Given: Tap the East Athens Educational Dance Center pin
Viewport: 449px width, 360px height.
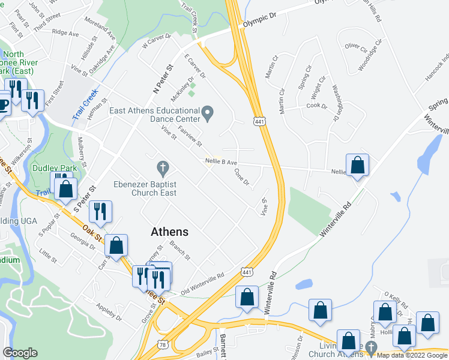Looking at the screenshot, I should point(208,112).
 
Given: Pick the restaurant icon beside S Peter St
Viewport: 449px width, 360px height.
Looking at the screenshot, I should point(100,211).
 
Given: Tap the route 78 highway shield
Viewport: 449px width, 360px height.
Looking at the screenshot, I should point(163,344).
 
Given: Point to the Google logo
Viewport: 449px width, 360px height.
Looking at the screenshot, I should point(20,353).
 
